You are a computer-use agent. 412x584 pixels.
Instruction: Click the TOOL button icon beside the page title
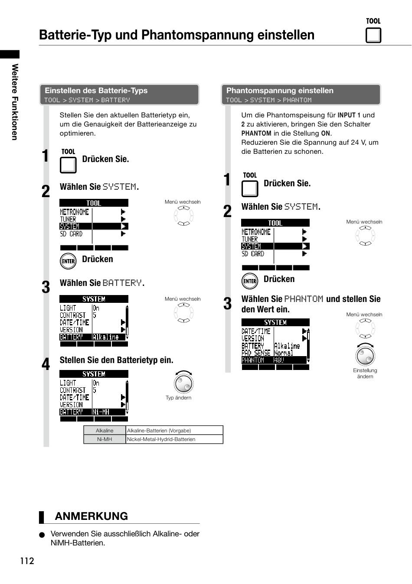(373, 35)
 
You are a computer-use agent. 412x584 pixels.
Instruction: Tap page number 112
(27, 561)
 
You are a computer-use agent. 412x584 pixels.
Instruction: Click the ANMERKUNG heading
(92, 516)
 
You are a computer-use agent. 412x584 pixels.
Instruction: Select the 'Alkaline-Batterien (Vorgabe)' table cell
(174, 431)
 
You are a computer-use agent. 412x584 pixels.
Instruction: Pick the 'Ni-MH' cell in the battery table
(105, 439)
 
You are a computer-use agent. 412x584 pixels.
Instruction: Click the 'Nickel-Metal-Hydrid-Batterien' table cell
(174, 439)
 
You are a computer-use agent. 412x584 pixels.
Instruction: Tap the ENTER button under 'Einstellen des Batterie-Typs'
(68, 261)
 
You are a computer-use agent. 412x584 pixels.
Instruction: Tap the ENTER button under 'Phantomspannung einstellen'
(250, 281)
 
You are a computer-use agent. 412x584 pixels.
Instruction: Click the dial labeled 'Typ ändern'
(183, 383)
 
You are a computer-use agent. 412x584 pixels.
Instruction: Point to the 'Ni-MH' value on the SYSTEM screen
(101, 412)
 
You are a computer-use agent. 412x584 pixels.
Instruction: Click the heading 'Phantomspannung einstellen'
(280, 91)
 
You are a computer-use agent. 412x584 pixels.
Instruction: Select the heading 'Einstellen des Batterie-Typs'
(96, 91)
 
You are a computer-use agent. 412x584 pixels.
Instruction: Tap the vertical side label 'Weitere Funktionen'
(15, 102)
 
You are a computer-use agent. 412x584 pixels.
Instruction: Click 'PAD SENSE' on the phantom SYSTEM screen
(256, 353)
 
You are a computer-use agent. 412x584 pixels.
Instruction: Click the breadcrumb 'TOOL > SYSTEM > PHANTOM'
(268, 100)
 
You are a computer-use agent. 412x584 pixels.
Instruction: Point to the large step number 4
(46, 364)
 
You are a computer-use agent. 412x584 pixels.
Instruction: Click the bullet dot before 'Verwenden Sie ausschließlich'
(42, 535)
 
